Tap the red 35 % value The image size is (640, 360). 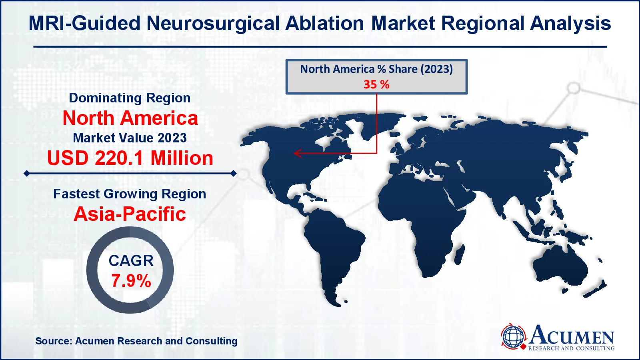(376, 84)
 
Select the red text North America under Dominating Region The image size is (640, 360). (130, 118)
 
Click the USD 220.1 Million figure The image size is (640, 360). (130, 158)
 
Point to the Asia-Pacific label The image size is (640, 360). (130, 214)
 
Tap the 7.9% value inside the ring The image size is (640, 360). (131, 281)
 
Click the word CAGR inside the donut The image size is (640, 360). (131, 261)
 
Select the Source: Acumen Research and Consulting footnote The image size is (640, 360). (136, 341)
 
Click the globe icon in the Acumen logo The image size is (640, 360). (513, 336)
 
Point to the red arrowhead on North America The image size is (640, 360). (296, 153)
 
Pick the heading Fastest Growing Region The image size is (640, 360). (130, 194)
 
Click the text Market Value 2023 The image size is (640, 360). (130, 138)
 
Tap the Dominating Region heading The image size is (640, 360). (130, 98)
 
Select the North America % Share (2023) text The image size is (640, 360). (376, 69)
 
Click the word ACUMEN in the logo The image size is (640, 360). (572, 335)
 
